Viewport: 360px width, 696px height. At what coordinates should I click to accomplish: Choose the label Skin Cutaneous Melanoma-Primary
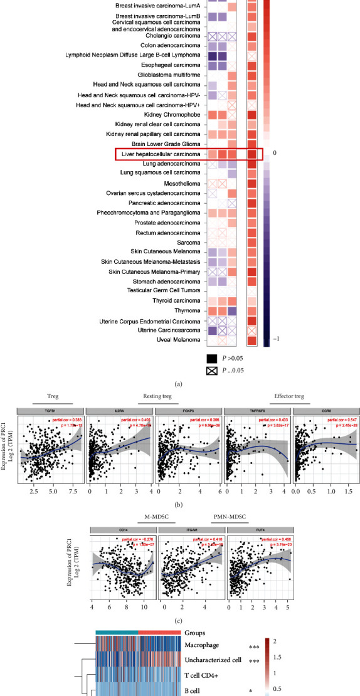(154, 272)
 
